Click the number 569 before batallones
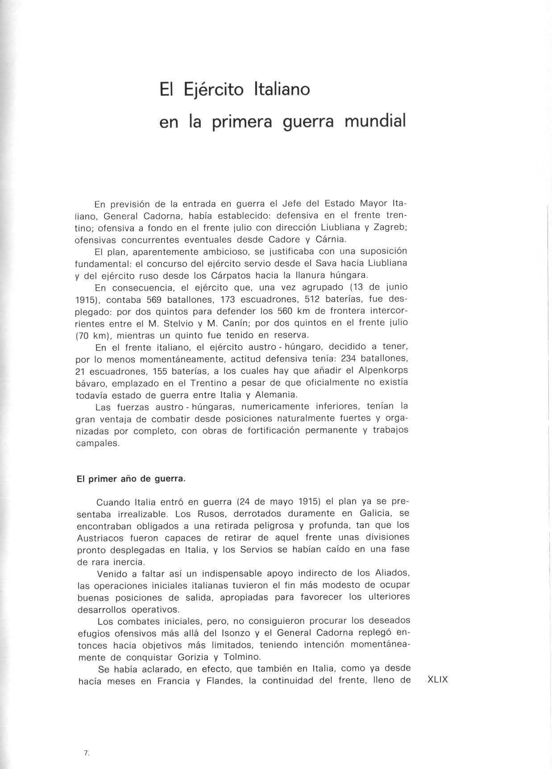click(154, 299)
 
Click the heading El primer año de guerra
click(131, 479)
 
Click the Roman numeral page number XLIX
click(437, 680)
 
